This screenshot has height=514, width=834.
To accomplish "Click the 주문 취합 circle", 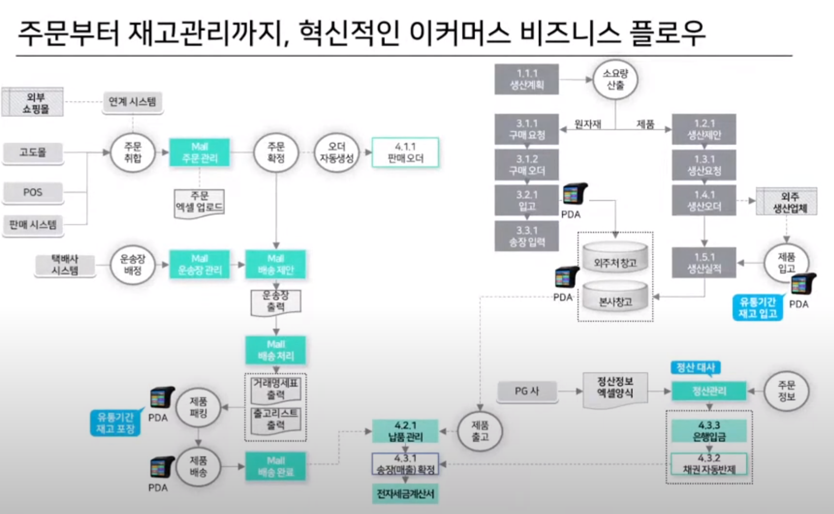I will click(x=132, y=152).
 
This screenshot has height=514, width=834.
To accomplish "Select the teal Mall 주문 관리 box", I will click(x=199, y=152).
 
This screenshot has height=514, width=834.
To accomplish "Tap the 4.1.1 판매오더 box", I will click(x=405, y=152).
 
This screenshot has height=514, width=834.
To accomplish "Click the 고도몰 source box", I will click(x=33, y=152).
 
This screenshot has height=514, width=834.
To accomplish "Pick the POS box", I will click(x=33, y=192).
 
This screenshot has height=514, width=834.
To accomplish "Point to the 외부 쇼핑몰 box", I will click(x=33, y=103).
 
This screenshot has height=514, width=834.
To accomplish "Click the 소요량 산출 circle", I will click(x=615, y=79).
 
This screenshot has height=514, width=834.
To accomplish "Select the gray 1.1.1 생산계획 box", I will click(x=526, y=79).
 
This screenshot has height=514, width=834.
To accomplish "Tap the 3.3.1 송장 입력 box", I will click(x=526, y=236).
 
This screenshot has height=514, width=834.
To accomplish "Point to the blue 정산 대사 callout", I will click(x=695, y=368).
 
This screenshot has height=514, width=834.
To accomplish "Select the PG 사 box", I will click(x=527, y=391).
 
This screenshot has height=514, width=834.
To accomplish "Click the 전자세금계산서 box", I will click(x=405, y=494).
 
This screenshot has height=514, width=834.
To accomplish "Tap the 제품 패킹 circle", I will click(x=198, y=408).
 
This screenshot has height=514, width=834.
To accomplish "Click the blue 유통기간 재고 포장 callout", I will click(x=115, y=423).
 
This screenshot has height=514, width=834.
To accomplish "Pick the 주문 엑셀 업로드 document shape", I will click(x=199, y=202).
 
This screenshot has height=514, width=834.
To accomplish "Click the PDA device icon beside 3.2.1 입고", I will click(x=574, y=195).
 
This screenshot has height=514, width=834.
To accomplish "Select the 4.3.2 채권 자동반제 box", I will click(x=709, y=464).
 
